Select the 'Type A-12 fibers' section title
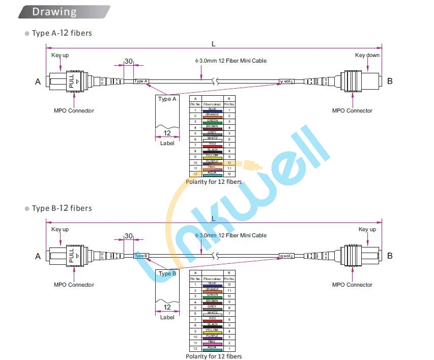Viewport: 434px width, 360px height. tap(62, 33)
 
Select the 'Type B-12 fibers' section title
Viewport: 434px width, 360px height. tap(62, 208)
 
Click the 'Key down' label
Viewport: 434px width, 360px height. tap(367, 55)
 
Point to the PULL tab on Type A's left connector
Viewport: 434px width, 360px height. tap(71, 81)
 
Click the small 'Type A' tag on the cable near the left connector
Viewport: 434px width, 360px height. tap(140, 81)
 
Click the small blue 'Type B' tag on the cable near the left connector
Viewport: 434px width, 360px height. tap(140, 256)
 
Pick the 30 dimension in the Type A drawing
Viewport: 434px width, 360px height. tap(128, 61)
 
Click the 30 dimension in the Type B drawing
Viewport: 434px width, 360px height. tap(128, 236)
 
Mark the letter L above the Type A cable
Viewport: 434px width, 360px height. tap(214, 44)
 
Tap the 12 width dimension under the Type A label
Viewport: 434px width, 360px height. tap(167, 133)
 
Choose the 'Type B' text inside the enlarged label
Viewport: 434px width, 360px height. tap(167, 273)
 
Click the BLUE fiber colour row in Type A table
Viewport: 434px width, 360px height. tap(212, 110)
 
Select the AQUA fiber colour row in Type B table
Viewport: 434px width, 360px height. tap(212, 348)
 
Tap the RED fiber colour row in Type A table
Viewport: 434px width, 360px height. tap(212, 145)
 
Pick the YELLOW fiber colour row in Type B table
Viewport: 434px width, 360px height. tap(212, 331)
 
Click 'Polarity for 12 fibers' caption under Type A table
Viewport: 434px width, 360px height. tap(214, 182)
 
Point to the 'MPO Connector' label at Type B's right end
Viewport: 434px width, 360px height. tap(352, 285)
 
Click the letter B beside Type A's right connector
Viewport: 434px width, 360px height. tap(390, 81)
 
